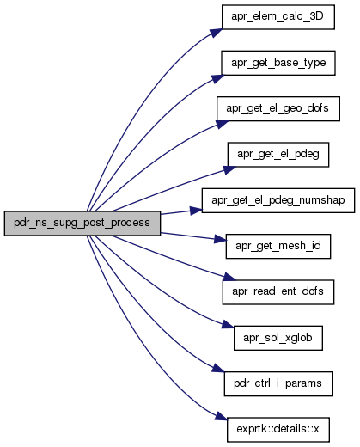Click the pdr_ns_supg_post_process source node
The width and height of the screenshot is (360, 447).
[82, 223]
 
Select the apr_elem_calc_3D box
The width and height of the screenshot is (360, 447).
[278, 17]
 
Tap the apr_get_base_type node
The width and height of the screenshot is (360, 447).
[278, 63]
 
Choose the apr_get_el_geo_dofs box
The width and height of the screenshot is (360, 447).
[278, 108]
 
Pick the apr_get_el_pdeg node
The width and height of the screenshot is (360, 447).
[278, 155]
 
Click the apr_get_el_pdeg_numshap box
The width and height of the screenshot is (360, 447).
[278, 200]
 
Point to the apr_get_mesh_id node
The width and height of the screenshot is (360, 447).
[278, 246]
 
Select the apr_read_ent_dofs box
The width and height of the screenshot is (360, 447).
[278, 292]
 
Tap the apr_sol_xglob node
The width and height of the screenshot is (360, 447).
[278, 338]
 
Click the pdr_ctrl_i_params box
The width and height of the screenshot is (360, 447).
[278, 383]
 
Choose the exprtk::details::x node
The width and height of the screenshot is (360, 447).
[278, 430]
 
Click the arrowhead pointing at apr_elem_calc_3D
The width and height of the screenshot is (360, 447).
[217, 33]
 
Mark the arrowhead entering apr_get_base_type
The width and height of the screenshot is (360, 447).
[218, 78]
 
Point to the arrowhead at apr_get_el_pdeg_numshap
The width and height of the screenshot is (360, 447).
[196, 211]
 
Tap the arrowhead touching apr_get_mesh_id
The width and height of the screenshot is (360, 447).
[220, 238]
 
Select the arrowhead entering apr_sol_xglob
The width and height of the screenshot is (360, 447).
[229, 325]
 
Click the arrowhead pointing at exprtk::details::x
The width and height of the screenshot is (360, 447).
[222, 417]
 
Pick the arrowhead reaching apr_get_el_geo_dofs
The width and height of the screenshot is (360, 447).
[223, 124]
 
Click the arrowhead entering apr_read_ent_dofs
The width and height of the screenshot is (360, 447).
[229, 277]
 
